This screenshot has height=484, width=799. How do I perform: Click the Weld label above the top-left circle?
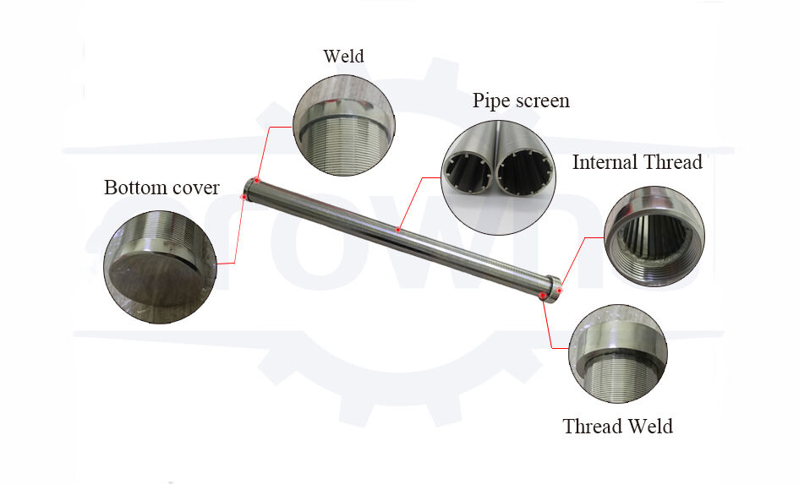tap(343, 57)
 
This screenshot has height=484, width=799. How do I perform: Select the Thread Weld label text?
tap(617, 426)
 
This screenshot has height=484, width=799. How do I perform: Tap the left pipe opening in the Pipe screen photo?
tap(471, 174)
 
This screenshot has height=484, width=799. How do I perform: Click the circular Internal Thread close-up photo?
tap(653, 234)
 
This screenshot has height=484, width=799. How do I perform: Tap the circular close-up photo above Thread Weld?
tap(617, 354)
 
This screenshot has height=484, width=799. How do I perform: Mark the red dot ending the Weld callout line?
tap(255, 181)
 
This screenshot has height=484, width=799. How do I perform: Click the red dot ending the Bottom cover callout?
tap(244, 197)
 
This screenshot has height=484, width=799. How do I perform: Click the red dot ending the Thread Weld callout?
tap(542, 295)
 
